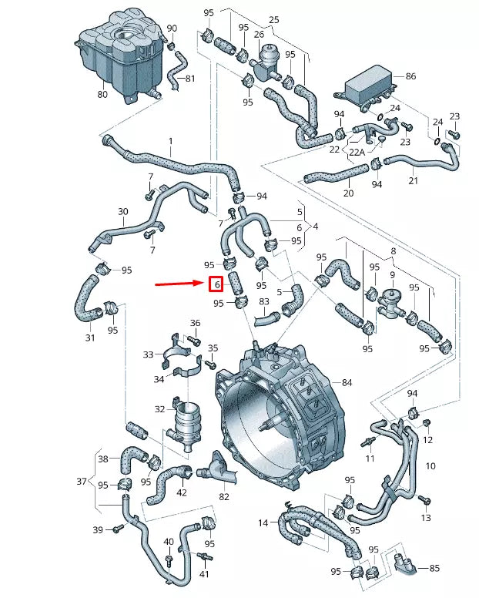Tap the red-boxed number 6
point(217,284)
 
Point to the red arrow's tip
point(203,284)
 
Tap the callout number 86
point(410,77)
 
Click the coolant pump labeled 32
point(185,426)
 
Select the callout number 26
point(259,35)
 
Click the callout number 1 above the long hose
point(170,142)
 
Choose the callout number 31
point(90,338)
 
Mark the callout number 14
point(263,523)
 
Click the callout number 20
point(348,193)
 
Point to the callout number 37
point(81,482)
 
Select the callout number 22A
point(357,153)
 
